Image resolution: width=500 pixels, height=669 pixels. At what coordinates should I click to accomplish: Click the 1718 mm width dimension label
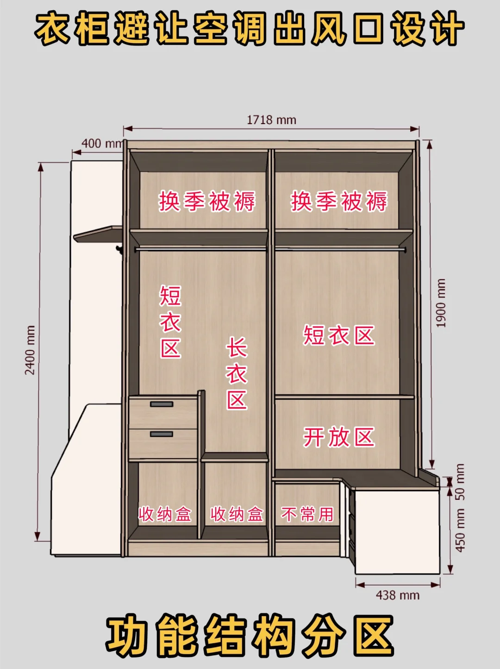271,120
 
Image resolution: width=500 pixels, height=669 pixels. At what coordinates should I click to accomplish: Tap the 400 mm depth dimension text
102,144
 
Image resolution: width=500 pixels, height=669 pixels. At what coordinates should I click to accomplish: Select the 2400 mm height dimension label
30,350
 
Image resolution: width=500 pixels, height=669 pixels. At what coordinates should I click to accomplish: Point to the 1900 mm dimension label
441,303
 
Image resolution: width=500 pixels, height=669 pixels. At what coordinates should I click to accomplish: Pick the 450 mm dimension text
460,531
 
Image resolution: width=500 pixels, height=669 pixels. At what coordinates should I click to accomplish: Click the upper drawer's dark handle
162,404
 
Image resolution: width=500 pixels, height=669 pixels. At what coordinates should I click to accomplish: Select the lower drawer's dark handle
162,434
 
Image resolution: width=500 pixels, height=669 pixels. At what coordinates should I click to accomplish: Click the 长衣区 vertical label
237,373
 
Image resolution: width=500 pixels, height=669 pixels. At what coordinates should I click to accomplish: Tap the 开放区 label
338,437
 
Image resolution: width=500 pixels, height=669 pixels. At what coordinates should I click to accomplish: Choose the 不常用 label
307,514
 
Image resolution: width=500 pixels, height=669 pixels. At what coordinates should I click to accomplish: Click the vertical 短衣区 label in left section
171,322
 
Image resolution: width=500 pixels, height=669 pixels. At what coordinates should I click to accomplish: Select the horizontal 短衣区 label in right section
338,335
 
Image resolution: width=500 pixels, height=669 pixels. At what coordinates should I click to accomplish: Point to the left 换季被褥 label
207,201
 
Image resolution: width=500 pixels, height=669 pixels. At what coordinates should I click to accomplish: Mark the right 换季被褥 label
339,201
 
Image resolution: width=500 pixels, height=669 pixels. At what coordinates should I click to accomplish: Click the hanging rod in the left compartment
201,249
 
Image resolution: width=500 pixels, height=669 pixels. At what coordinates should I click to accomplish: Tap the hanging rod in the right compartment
340,249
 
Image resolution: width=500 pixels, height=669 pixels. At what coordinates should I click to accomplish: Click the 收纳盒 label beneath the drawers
165,514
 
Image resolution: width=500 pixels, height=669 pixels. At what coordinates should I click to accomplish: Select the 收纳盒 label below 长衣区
237,514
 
